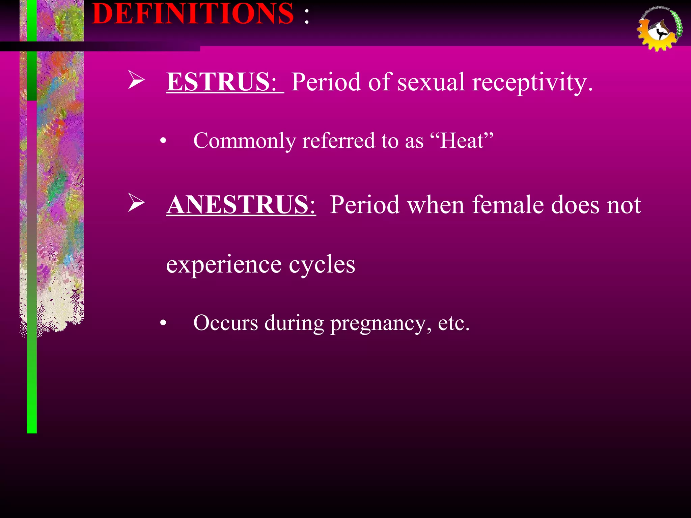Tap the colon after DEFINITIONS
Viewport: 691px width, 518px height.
click(x=306, y=16)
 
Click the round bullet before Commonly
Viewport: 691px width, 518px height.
click(x=163, y=141)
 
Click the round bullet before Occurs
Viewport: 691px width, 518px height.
click(x=163, y=323)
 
